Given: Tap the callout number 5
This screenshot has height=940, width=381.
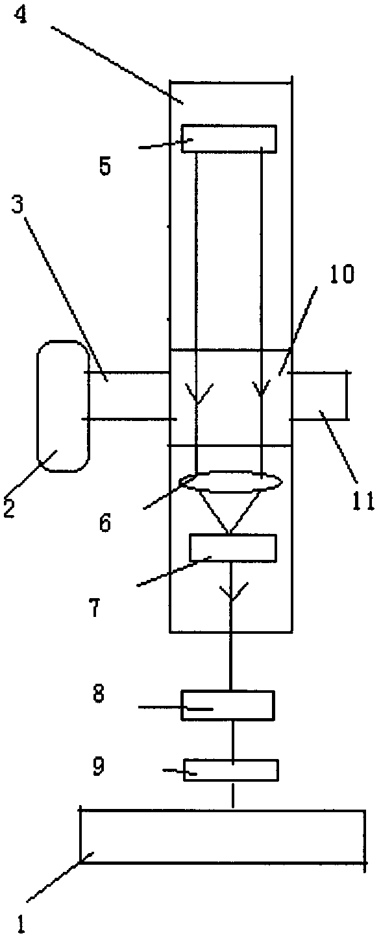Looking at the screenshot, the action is click(x=105, y=167).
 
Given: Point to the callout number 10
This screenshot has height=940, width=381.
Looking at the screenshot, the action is click(x=341, y=274).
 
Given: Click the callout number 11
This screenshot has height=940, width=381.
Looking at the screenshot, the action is click(x=363, y=501).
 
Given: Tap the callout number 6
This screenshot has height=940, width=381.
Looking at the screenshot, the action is click(x=105, y=523).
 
